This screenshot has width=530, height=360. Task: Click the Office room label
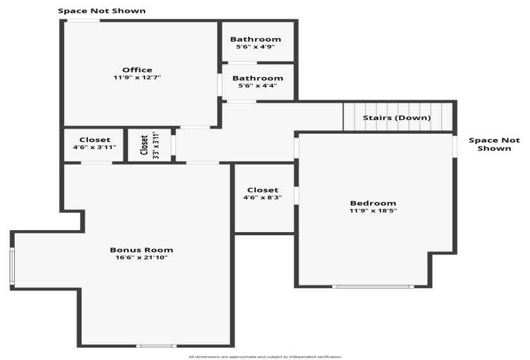137,70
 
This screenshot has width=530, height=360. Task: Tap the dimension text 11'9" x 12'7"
137,78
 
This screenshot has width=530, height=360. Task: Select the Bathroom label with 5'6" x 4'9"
256,39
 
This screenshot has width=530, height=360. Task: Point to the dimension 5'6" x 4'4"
258,85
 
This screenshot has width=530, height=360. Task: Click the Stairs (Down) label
397,118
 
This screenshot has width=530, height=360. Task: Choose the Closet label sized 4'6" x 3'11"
95,139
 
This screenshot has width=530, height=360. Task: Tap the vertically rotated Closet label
145,145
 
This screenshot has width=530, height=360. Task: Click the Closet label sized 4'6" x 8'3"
263,190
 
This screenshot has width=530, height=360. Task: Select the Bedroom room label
373,203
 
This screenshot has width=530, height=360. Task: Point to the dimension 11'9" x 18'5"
373,211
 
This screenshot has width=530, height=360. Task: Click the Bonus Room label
141,250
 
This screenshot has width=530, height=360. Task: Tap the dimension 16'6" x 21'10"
141,258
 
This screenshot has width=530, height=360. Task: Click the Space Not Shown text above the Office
102,11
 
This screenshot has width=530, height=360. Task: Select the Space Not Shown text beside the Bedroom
494,145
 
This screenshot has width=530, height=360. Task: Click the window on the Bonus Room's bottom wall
157,346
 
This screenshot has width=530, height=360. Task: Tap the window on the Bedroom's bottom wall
373,287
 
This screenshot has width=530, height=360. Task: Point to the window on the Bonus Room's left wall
12,266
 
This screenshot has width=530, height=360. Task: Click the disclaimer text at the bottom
265,357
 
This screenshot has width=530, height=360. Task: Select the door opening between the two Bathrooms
242,62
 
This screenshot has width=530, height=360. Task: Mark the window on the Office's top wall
83,21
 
